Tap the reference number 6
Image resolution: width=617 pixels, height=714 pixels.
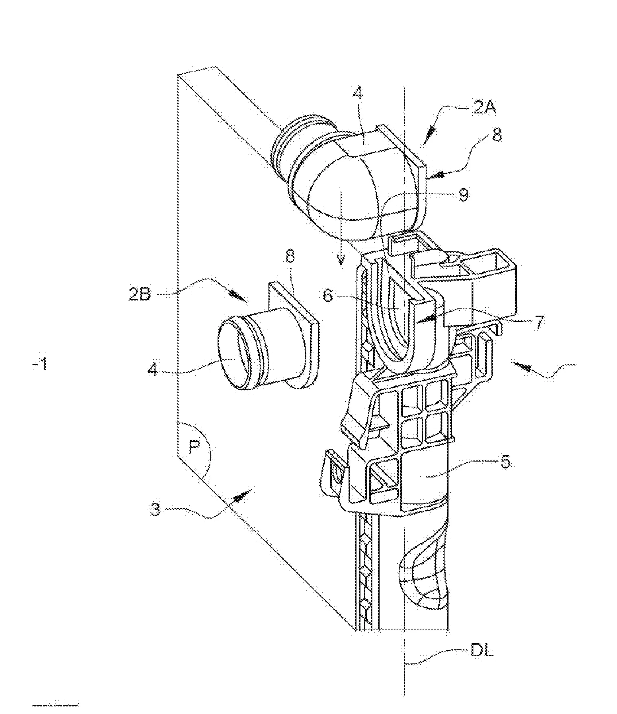point(328,296)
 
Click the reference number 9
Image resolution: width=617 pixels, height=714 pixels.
point(463,195)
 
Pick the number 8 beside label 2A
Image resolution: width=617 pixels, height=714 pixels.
point(497,135)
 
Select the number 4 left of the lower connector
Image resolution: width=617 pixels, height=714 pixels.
point(153,369)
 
